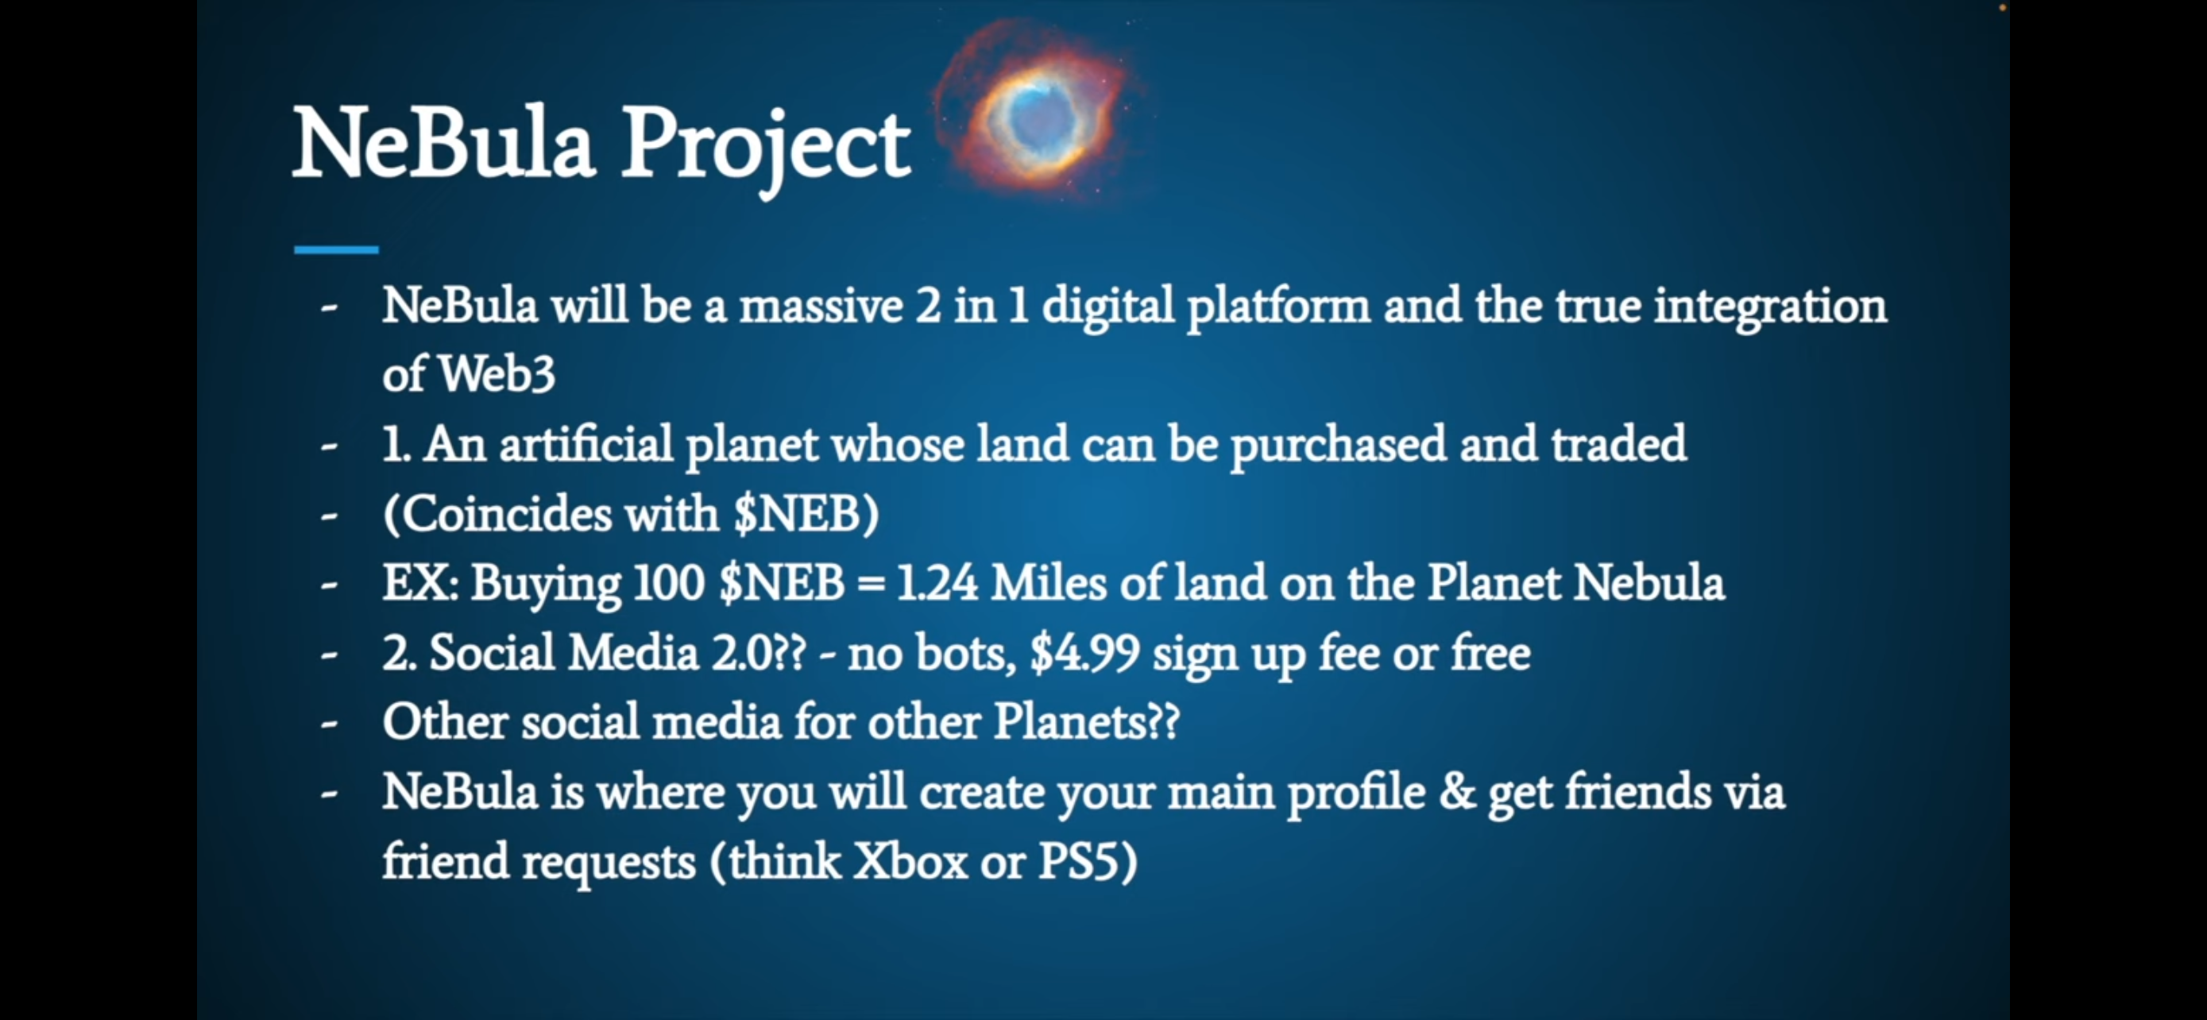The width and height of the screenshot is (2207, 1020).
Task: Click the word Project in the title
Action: point(765,146)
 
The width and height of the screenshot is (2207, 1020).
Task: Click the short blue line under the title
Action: point(336,249)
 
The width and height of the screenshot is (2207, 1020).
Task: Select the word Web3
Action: point(496,374)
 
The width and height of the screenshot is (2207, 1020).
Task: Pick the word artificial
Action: point(586,443)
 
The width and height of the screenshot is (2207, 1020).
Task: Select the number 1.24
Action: point(937,583)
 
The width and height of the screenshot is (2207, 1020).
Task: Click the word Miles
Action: point(1049,583)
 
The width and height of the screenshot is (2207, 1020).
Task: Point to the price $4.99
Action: point(1084,654)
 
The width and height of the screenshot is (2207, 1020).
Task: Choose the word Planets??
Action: point(1086,722)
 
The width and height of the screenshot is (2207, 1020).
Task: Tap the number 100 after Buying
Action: point(669,583)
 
